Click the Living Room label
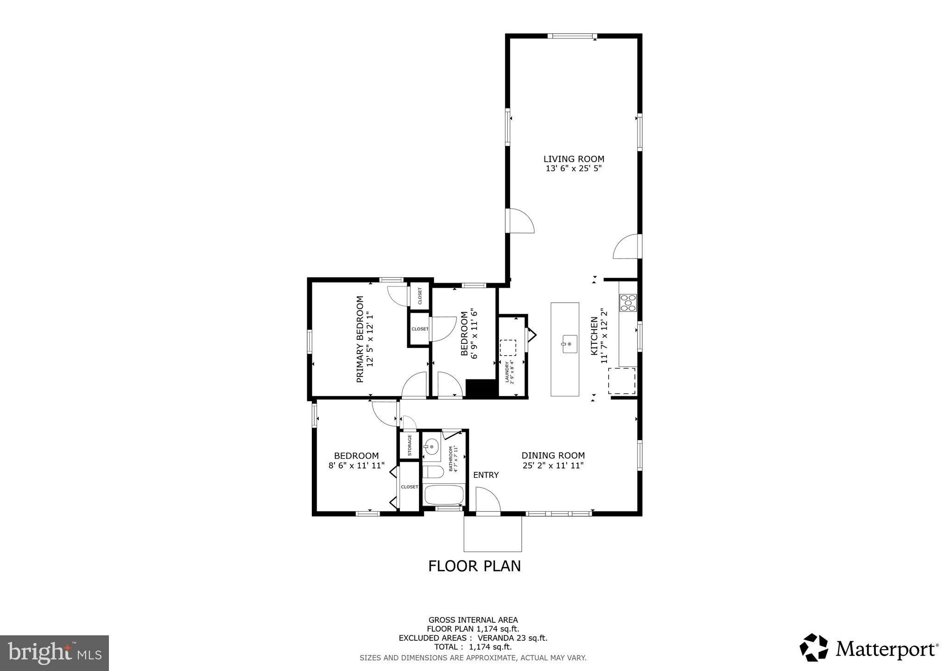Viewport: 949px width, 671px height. pyautogui.click(x=574, y=159)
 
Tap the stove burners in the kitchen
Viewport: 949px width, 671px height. pyautogui.click(x=628, y=303)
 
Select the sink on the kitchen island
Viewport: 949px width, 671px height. pyautogui.click(x=569, y=344)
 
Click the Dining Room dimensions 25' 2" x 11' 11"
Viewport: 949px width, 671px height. pyautogui.click(x=553, y=466)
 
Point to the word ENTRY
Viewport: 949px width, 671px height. pyautogui.click(x=486, y=475)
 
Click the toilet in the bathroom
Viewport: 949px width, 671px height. pyautogui.click(x=433, y=472)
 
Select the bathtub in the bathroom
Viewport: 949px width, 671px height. pyautogui.click(x=444, y=495)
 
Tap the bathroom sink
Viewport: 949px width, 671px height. pyautogui.click(x=432, y=447)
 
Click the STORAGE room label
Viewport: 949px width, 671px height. pyautogui.click(x=410, y=445)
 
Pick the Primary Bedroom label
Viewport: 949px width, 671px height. pyautogui.click(x=360, y=339)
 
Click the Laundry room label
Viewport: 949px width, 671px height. pyautogui.click(x=507, y=372)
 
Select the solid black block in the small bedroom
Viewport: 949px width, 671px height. pyautogui.click(x=481, y=388)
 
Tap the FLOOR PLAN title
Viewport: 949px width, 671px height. pyautogui.click(x=474, y=566)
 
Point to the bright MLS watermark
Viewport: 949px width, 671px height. pyautogui.click(x=54, y=653)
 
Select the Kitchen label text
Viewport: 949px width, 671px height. pyautogui.click(x=594, y=336)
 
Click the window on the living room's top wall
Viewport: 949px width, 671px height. pyautogui.click(x=572, y=36)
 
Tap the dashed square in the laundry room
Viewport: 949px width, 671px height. pyautogui.click(x=508, y=348)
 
